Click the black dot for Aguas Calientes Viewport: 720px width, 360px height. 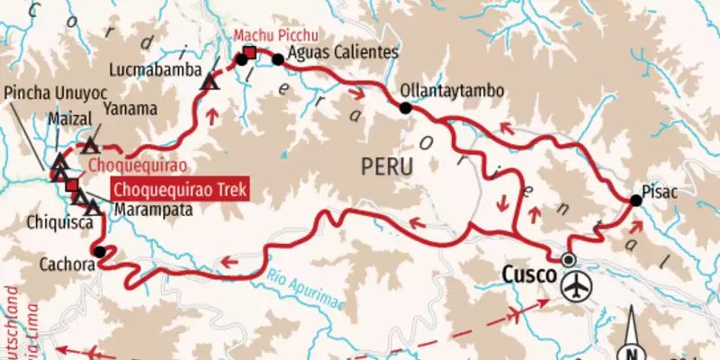tap(278, 60)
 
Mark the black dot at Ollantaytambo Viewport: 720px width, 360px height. tap(406, 108)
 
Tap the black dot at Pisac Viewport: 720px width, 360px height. tap(636, 201)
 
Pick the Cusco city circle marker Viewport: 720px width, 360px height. tap(568, 259)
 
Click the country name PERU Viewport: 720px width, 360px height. tap(386, 166)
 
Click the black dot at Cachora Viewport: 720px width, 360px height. tap(99, 252)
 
